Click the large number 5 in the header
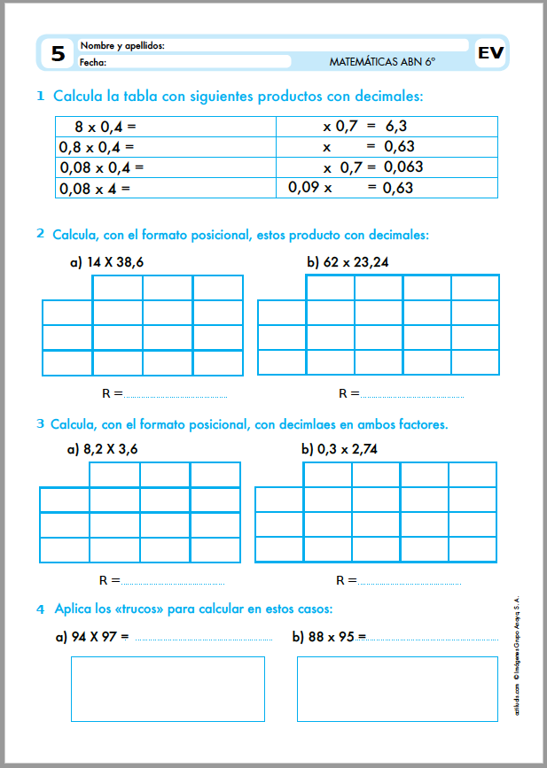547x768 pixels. click(58, 54)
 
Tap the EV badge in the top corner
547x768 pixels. click(490, 53)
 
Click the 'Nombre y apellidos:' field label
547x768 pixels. click(122, 45)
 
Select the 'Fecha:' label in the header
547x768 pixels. click(93, 62)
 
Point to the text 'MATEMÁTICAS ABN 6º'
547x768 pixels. click(382, 62)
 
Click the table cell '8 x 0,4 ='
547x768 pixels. click(105, 127)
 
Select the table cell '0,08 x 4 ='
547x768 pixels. click(95, 188)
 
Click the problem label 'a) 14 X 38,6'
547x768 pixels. click(106, 262)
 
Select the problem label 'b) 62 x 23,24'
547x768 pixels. click(348, 262)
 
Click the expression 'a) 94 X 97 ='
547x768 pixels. click(92, 636)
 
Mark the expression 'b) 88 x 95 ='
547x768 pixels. click(329, 636)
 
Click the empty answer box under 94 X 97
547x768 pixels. click(168, 688)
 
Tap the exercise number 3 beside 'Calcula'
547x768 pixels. click(41, 423)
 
